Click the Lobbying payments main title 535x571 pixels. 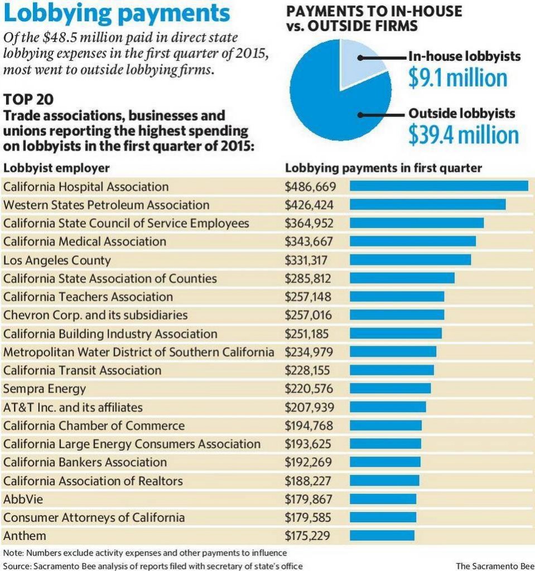pyautogui.click(x=117, y=14)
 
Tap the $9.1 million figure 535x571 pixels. pyautogui.click(x=457, y=78)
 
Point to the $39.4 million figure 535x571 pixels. pyautogui.click(x=463, y=135)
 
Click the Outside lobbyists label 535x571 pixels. pyautogui.click(x=462, y=113)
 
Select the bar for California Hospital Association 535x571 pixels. pyautogui.click(x=438, y=186)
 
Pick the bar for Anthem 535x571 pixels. pyautogui.click(x=382, y=536)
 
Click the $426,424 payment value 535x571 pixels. pyautogui.click(x=309, y=205)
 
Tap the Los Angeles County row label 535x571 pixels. pyautogui.click(x=57, y=260)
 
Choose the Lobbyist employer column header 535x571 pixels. pyautogui.click(x=56, y=168)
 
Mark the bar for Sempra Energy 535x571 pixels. pyautogui.click(x=390, y=389)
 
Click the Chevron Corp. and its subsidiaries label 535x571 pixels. pyautogui.click(x=95, y=315)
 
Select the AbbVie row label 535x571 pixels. pyautogui.click(x=21, y=499)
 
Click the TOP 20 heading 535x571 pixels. pyautogui.click(x=28, y=100)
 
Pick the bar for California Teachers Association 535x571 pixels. pyautogui.click(x=397, y=297)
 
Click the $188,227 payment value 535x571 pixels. pyautogui.click(x=308, y=481)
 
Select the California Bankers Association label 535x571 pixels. pyautogui.click(x=85, y=462)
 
